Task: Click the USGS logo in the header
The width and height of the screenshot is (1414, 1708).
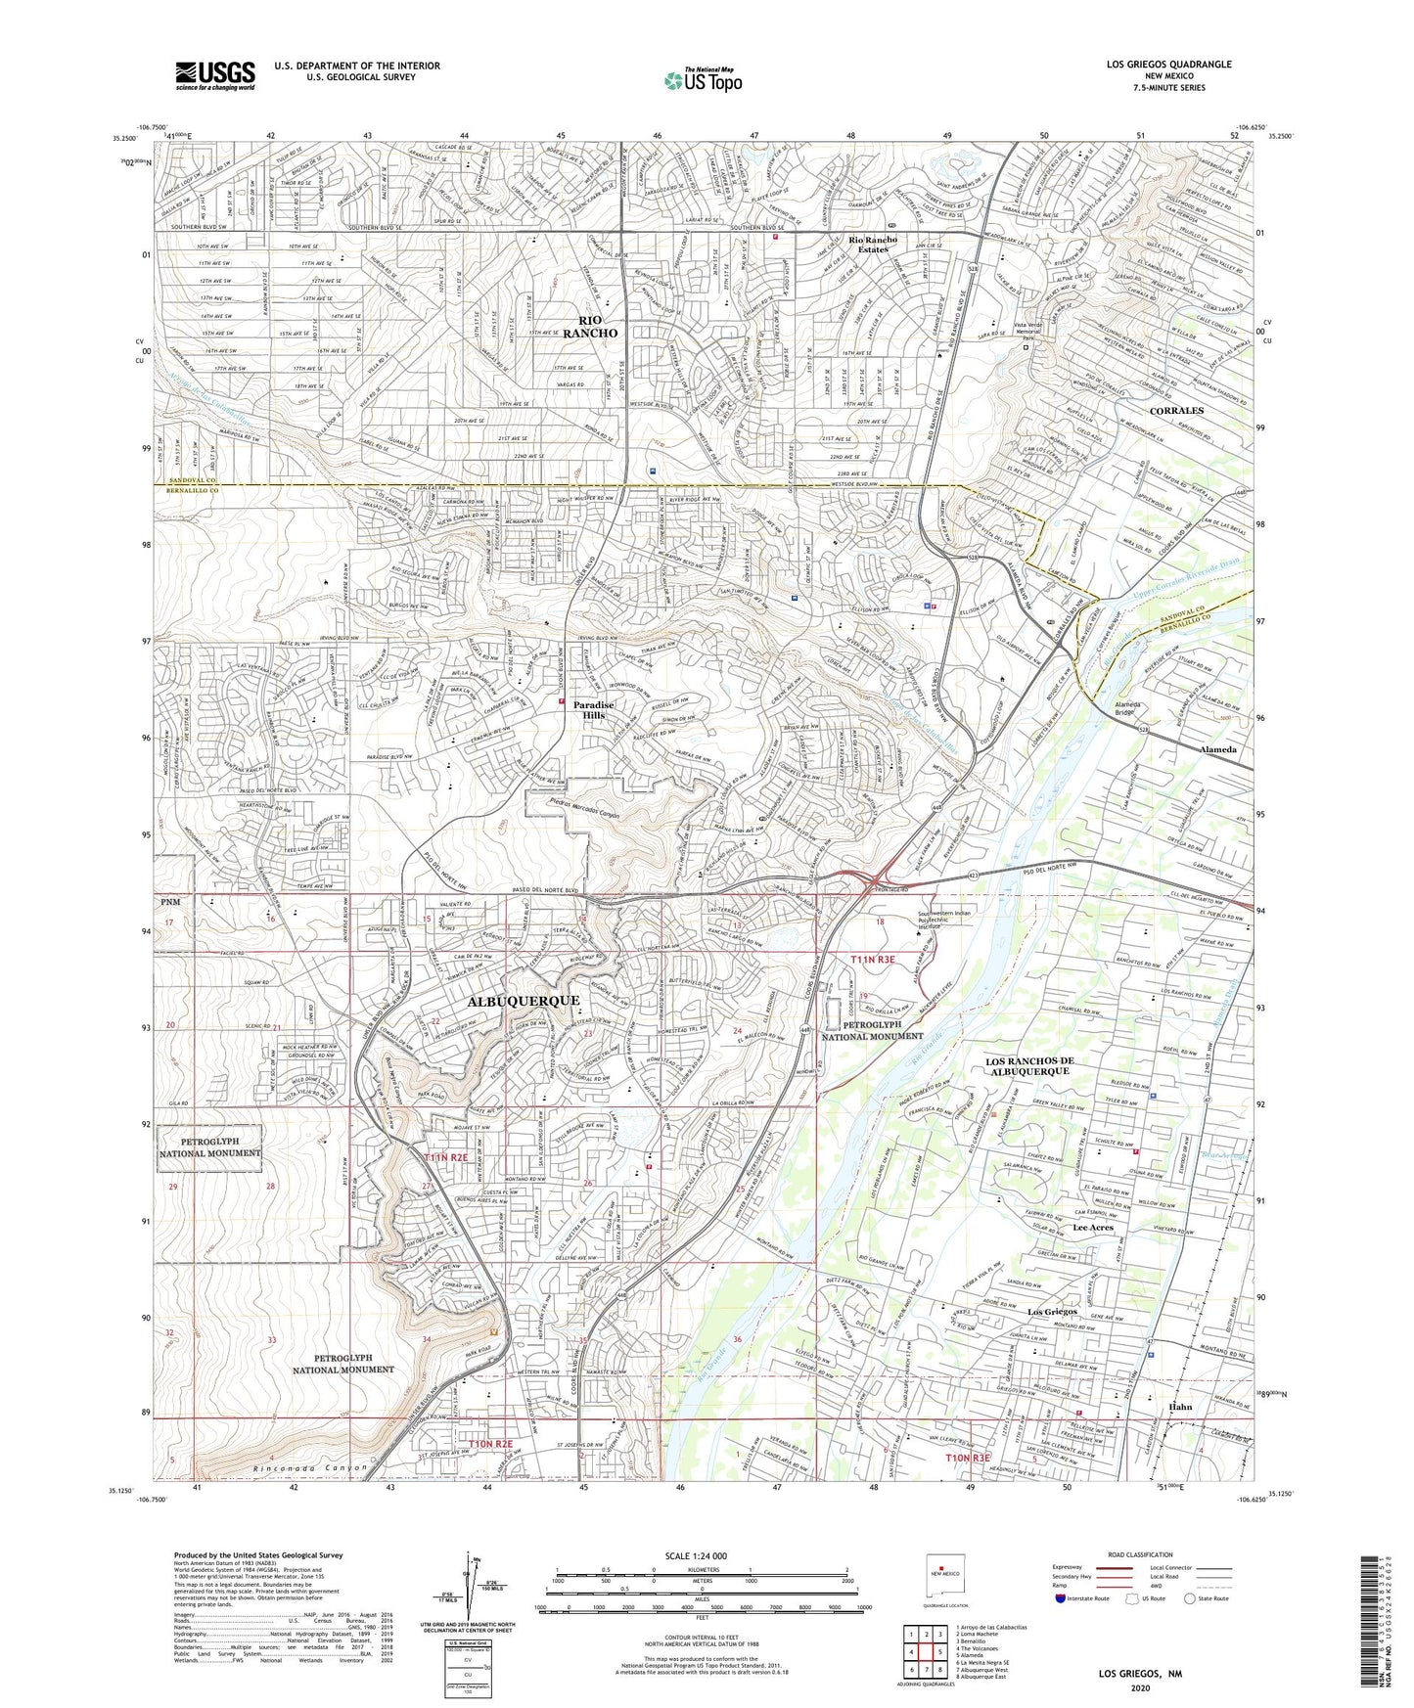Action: tap(215, 74)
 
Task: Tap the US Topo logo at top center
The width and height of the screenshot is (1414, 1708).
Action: tap(702, 80)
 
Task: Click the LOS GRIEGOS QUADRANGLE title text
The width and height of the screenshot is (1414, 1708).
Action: tap(1168, 65)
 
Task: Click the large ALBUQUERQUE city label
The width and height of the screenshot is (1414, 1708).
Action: tap(523, 1001)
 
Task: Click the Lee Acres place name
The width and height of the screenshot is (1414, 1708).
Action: tap(1093, 1227)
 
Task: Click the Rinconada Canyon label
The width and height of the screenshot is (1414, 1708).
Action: tap(308, 1467)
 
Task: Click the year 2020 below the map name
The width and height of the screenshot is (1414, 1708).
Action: tap(1140, 1688)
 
